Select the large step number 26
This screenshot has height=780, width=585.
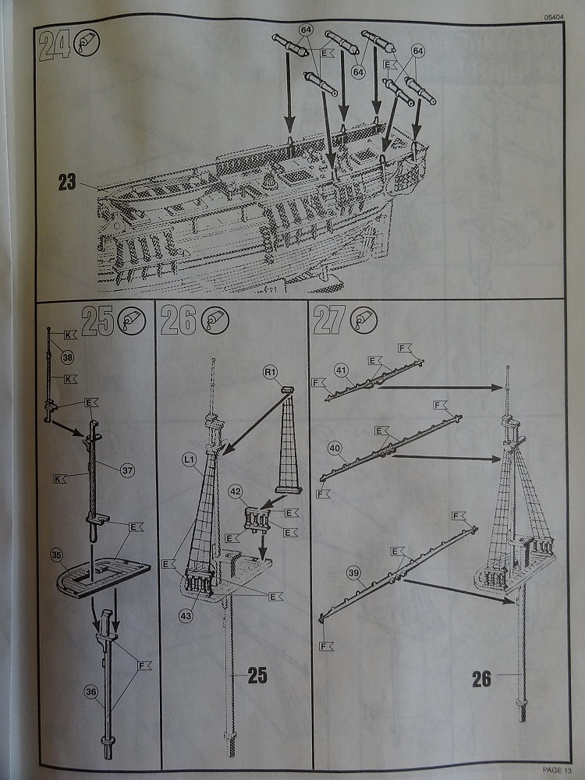(x=179, y=320)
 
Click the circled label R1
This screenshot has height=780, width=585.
(x=270, y=373)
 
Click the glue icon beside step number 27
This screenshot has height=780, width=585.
(x=363, y=320)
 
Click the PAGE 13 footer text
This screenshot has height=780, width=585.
(x=556, y=771)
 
